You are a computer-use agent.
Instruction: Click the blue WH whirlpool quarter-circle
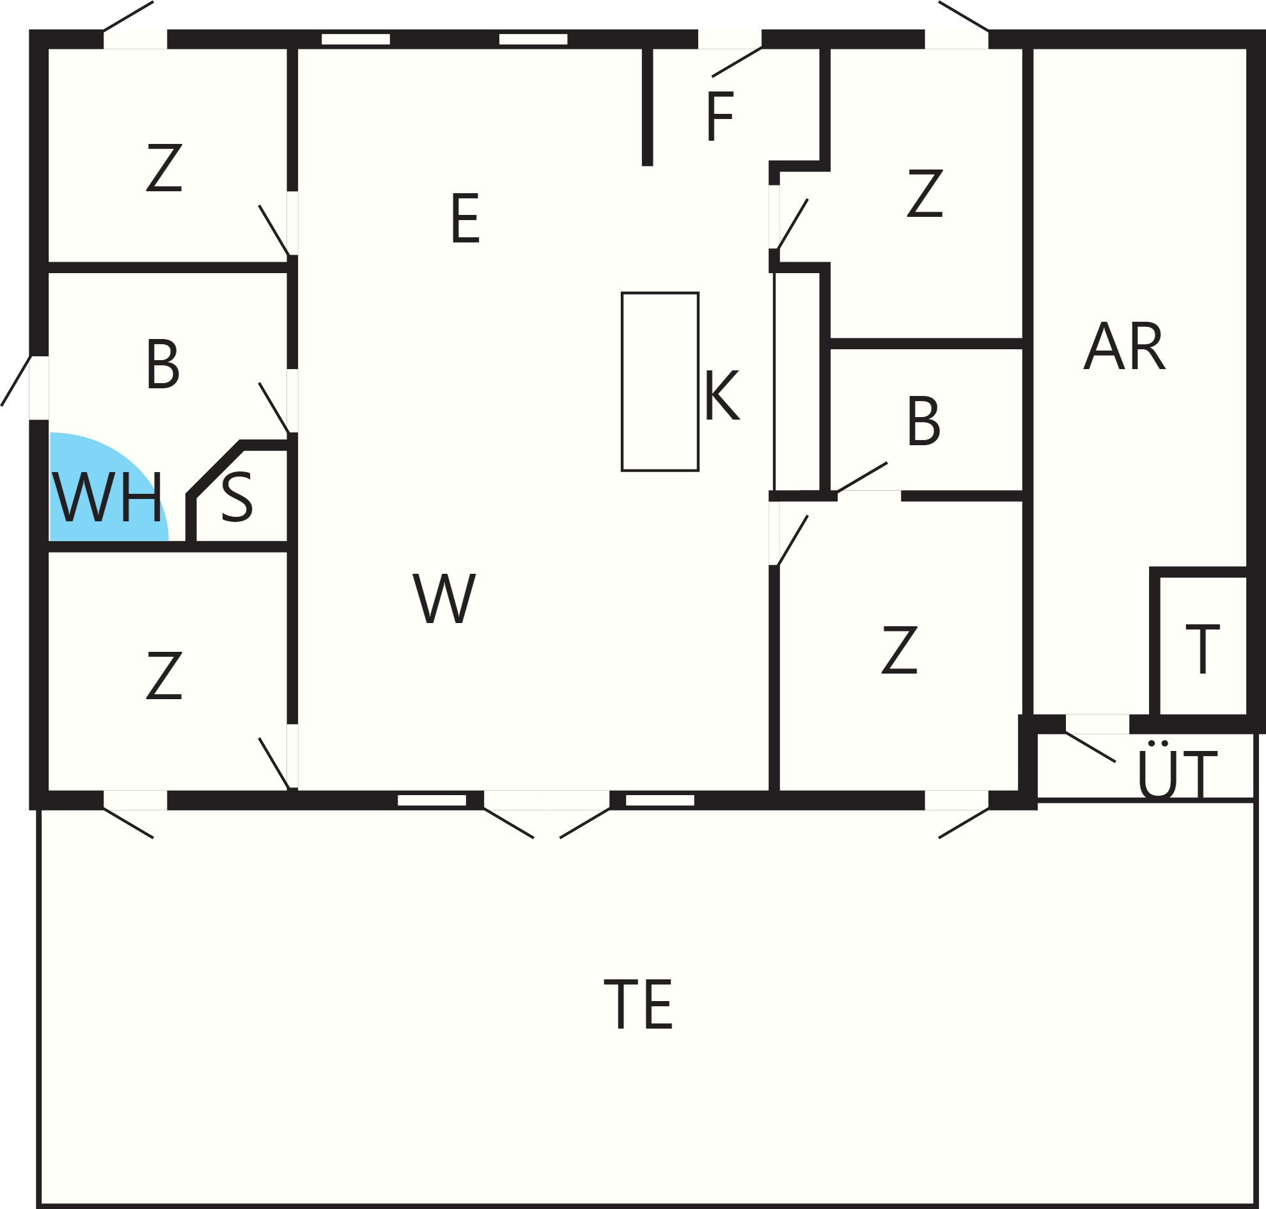tap(103, 490)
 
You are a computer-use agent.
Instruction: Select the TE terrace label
tap(638, 1004)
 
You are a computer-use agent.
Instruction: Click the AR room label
tap(1124, 346)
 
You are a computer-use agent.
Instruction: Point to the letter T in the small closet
tap(1202, 649)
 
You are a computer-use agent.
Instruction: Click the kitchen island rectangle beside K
tap(660, 381)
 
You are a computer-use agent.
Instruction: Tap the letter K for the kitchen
tap(722, 395)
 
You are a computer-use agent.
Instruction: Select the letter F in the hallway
tap(720, 116)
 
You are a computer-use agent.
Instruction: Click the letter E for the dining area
tap(465, 219)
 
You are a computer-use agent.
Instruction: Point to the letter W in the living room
tap(444, 599)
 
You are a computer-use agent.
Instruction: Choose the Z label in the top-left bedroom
tap(164, 168)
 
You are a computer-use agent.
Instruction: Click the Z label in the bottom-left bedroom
tap(164, 676)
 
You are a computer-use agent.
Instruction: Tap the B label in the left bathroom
tap(162, 365)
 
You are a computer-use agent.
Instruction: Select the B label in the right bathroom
tap(923, 422)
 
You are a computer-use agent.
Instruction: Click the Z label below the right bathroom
tap(900, 651)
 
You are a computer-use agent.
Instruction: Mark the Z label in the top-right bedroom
tap(925, 193)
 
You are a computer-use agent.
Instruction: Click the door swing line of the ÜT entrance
tap(1090, 747)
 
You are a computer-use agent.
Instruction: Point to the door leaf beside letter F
tap(737, 62)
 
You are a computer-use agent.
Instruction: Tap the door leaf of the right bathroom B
tap(861, 477)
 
